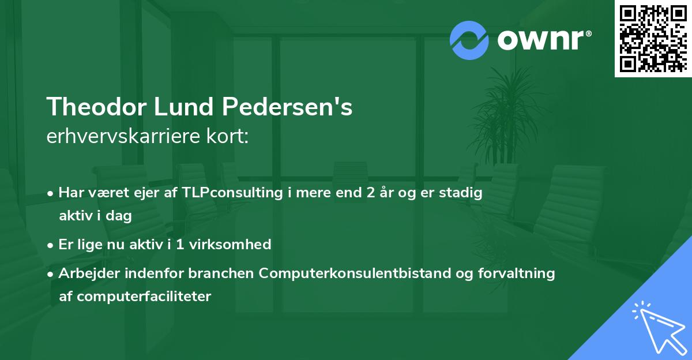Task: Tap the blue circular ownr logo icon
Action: tap(469, 40)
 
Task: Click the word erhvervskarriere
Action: tap(119, 137)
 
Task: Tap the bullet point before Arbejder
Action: tap(51, 273)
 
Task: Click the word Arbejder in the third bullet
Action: tap(86, 273)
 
